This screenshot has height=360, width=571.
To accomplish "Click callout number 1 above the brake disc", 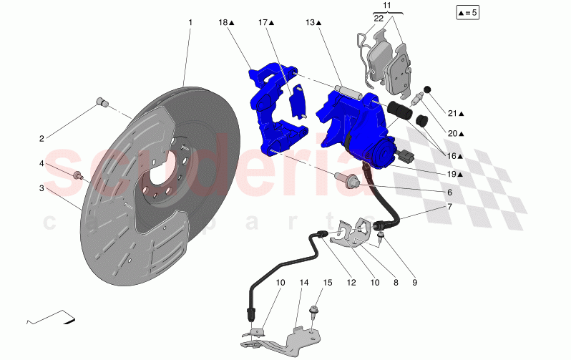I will [190, 23].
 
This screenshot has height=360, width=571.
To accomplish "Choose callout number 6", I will [449, 193].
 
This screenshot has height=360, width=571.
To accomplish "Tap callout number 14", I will [303, 283].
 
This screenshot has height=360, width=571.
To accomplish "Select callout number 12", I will [351, 283].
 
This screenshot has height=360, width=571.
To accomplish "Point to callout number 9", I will [414, 283].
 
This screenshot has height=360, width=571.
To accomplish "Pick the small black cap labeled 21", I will [428, 89].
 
